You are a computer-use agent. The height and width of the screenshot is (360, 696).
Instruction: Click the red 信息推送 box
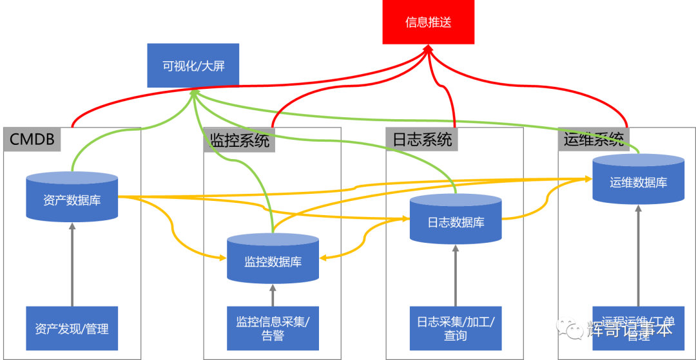428,23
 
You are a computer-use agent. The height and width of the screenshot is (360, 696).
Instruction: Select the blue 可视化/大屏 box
193,65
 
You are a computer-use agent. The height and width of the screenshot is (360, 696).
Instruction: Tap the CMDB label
32,138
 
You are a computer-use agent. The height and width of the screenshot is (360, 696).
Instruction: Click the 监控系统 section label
240,140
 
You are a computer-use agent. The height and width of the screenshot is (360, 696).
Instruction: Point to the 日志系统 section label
422,139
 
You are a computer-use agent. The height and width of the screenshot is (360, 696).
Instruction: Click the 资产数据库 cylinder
72,198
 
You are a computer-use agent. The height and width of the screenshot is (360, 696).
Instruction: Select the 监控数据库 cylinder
273,259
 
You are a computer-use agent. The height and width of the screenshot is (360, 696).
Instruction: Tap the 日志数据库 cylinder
456,220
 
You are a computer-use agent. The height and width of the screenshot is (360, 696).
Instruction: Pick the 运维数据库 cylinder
638,180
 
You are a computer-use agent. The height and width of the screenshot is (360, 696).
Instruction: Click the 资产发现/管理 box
72,328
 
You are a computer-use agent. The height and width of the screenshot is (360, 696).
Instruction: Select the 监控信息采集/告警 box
273,328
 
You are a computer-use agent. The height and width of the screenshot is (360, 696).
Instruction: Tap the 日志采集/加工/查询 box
456,328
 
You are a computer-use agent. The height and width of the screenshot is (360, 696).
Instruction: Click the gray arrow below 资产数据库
72,264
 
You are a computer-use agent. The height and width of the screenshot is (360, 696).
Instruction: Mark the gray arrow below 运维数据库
638,254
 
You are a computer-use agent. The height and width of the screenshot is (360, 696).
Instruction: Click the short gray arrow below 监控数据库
273,295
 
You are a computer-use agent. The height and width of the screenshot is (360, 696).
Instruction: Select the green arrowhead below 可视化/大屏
193,95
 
